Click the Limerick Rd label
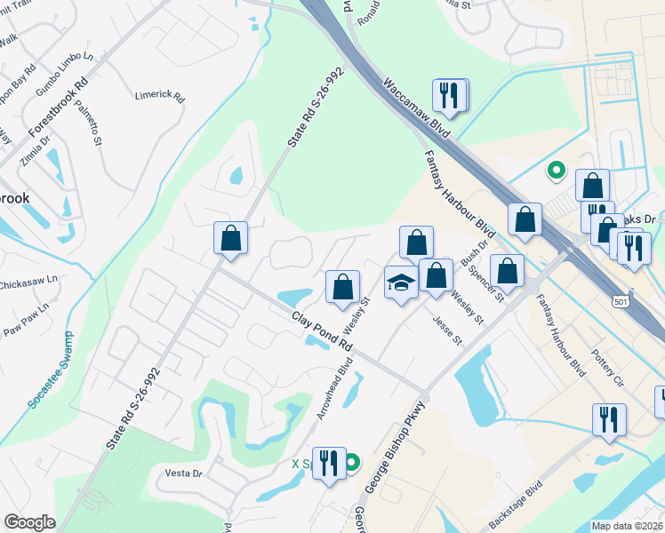159,96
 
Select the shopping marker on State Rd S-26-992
230,238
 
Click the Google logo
29,522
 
